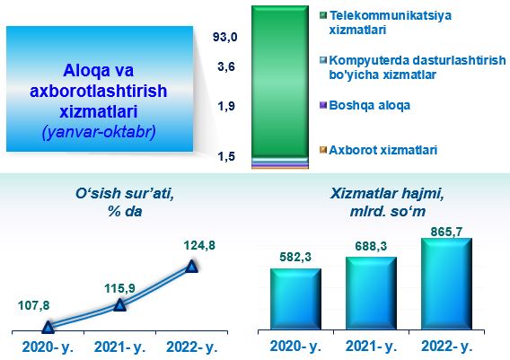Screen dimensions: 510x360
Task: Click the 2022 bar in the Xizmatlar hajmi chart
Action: (x=446, y=284)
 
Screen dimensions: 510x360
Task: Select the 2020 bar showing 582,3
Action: (x=295, y=299)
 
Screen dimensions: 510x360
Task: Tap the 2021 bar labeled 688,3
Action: (x=371, y=293)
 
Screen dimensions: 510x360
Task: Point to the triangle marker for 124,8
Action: (x=191, y=267)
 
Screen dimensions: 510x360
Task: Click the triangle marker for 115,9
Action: (x=119, y=304)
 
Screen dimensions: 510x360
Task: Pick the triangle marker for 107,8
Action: (x=48, y=327)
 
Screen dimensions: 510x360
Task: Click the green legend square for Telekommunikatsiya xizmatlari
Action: (x=323, y=15)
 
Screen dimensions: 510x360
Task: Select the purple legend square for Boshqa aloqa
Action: (x=323, y=105)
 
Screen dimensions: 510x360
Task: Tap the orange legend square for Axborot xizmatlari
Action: (x=323, y=150)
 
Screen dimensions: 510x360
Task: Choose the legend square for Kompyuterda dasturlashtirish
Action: (x=323, y=60)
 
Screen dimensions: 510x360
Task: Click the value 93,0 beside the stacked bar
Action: (x=224, y=37)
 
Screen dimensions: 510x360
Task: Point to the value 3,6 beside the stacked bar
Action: (x=226, y=66)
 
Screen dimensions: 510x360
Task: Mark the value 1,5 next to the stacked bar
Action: (x=226, y=156)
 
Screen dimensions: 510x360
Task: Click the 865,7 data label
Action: (x=446, y=232)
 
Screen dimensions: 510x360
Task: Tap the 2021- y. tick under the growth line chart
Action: (x=119, y=347)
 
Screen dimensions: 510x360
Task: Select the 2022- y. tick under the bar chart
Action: (x=446, y=346)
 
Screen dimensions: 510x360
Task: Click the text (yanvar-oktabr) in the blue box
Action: (x=99, y=132)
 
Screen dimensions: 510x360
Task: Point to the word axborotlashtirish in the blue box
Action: (x=98, y=91)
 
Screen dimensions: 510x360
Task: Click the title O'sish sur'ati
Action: (x=125, y=194)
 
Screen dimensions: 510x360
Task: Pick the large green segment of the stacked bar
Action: (x=280, y=82)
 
